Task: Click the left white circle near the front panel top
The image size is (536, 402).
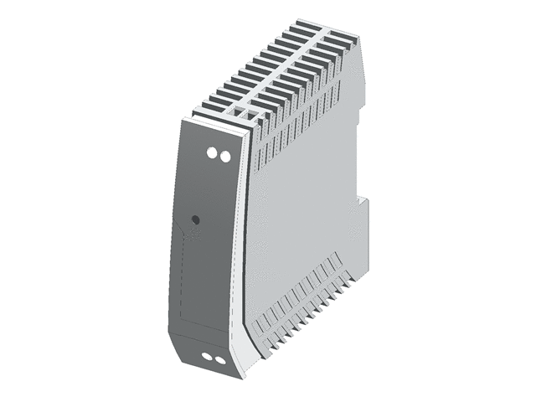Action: (212, 155)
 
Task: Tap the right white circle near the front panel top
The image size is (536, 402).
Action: (224, 156)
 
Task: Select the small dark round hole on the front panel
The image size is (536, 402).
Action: (195, 219)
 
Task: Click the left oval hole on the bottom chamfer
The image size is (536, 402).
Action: (208, 358)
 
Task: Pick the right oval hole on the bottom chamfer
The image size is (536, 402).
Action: (219, 360)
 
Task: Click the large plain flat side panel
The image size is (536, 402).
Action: (301, 209)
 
